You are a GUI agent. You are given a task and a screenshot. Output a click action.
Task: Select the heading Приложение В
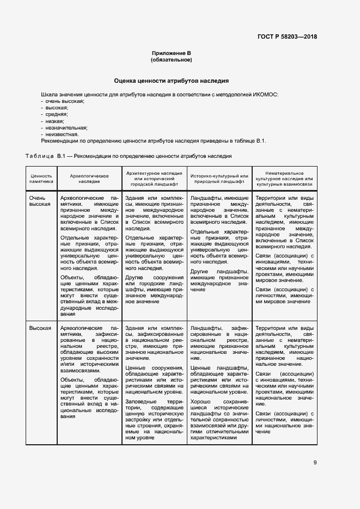point(172,53)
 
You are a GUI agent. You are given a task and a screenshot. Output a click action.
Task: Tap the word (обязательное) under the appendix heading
point(172,59)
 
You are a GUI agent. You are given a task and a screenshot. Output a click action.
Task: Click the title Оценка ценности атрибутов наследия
point(171,81)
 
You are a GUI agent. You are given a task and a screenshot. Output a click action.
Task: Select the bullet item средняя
point(56,114)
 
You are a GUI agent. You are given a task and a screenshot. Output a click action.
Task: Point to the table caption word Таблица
point(40,156)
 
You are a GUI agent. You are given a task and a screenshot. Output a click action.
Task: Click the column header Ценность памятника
point(41,179)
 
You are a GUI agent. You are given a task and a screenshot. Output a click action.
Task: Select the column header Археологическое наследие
point(89,179)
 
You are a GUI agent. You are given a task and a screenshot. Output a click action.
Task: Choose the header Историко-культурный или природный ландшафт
point(219,179)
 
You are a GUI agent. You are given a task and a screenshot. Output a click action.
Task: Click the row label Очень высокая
point(40,201)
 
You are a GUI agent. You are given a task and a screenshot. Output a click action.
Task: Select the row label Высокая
point(40,328)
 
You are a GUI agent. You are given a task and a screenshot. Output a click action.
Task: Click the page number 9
point(315,463)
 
